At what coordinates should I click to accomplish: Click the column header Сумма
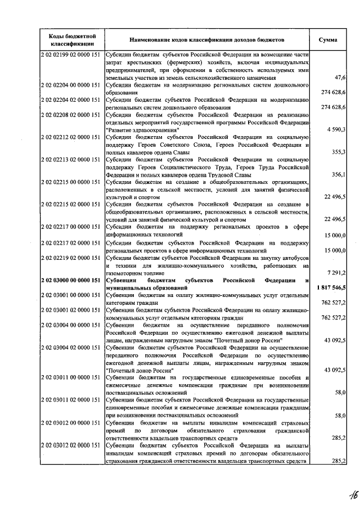(328, 40)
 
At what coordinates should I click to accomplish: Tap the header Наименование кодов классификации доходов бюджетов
(206, 40)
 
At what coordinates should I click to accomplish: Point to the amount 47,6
(339, 77)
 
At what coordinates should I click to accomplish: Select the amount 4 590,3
(335, 130)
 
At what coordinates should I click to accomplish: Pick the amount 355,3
(338, 152)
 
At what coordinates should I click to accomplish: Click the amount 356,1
(338, 175)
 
